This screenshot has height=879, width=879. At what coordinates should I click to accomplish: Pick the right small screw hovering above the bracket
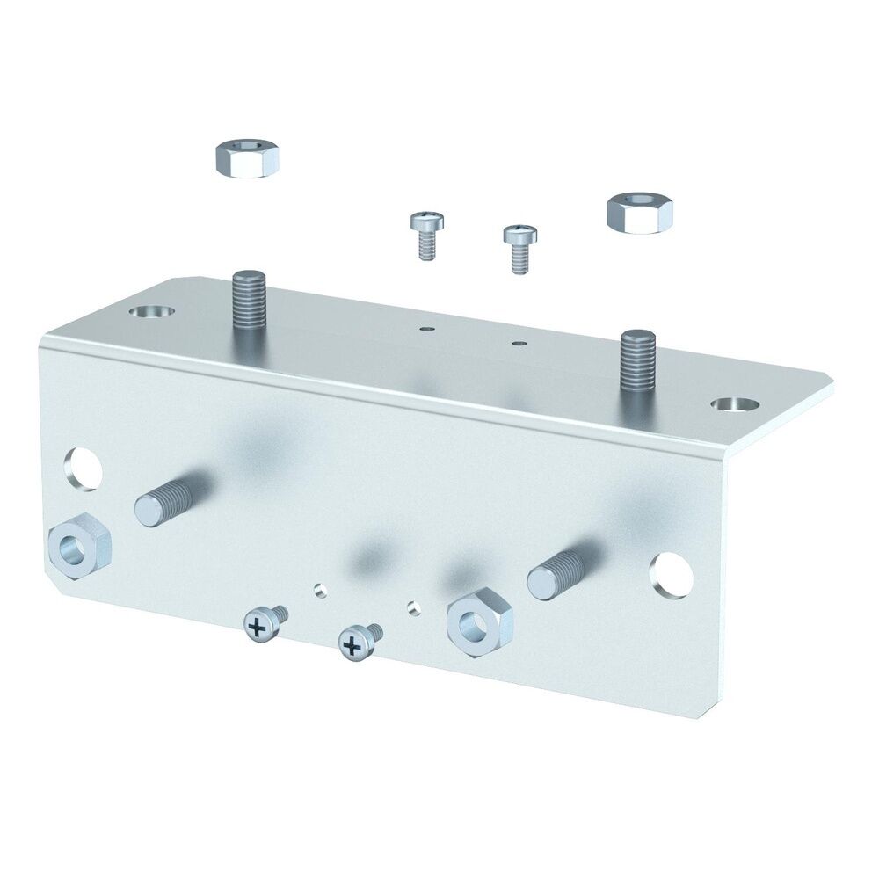(519, 248)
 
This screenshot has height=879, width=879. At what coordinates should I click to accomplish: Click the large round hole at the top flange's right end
(735, 405)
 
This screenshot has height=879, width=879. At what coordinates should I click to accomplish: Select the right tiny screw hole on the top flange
(519, 342)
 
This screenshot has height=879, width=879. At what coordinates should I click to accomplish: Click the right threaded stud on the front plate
(563, 572)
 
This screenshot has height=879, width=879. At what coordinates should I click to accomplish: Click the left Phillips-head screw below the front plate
(261, 625)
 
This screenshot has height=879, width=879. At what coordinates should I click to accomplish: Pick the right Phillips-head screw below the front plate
(357, 643)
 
